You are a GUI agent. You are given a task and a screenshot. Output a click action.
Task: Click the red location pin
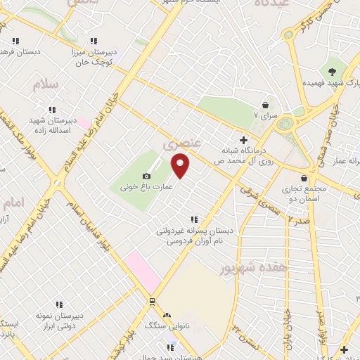click(x=181, y=167)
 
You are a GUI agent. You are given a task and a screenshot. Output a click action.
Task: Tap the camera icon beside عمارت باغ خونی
click(x=146, y=176)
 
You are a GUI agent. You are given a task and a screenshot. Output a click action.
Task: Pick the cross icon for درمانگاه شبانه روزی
click(x=244, y=139)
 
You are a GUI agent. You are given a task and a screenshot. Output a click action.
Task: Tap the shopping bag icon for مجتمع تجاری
click(x=304, y=178)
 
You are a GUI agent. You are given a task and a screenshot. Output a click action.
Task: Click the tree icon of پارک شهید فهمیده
click(x=331, y=72)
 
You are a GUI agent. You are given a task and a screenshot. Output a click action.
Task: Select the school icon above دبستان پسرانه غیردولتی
click(x=194, y=219)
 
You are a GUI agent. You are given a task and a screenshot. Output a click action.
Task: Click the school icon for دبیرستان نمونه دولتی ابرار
click(x=59, y=304)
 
